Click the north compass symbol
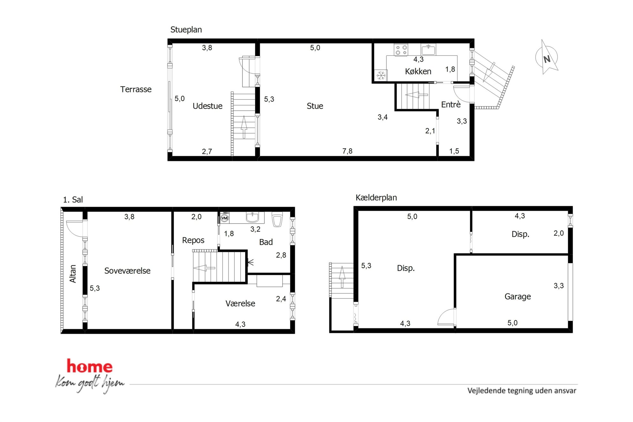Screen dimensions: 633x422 547,57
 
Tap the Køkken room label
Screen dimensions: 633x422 418,71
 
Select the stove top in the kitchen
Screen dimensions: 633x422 401,50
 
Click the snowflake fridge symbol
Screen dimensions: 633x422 381,76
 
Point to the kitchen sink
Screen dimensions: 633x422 428,49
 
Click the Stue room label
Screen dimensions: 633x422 315,106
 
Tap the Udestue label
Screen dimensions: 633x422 207,106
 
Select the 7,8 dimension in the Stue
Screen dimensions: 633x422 347,151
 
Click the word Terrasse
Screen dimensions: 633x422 136,89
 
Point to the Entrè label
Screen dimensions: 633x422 451,104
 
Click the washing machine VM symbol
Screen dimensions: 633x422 225,218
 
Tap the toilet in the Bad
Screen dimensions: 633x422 277,219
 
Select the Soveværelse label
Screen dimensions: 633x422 127,271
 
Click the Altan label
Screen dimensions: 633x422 73,274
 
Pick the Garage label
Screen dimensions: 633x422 518,297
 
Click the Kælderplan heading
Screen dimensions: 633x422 376,198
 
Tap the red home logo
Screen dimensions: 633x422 89,366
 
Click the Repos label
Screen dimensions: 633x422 193,240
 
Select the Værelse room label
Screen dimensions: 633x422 240,303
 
